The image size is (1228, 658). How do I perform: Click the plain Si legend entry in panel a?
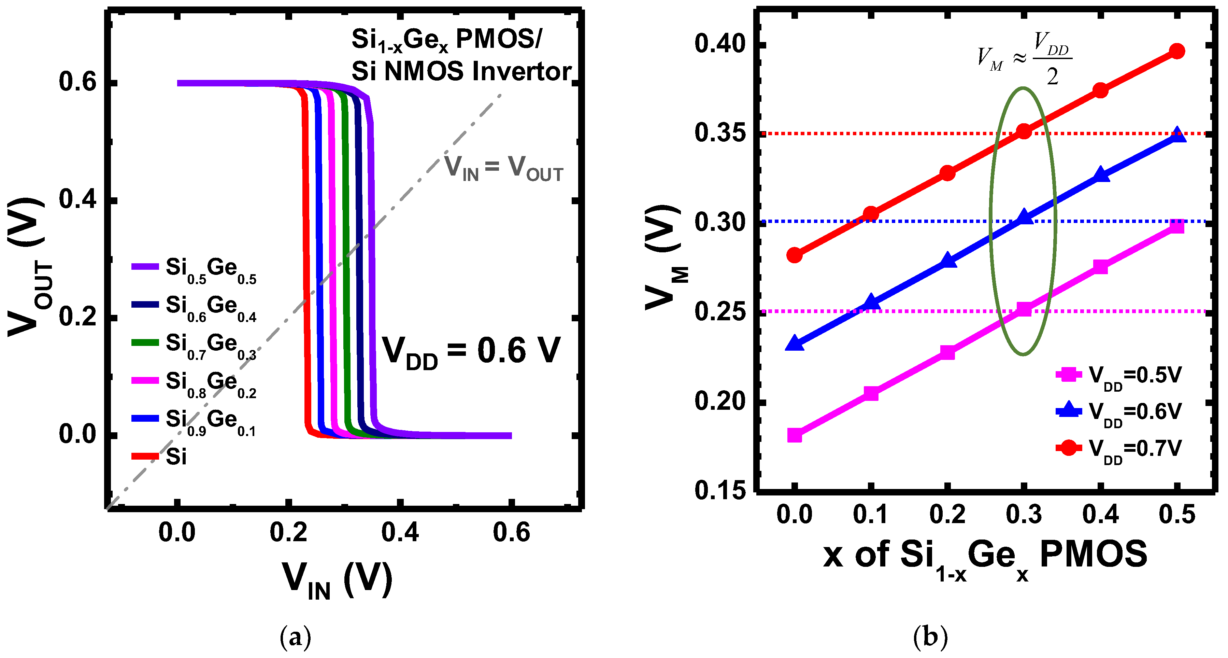[x=160, y=456]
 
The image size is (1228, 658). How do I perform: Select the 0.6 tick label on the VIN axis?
[x=511, y=533]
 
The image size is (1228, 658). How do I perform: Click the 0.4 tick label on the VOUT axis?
[x=77, y=200]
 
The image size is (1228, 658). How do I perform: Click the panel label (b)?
[x=930, y=636]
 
